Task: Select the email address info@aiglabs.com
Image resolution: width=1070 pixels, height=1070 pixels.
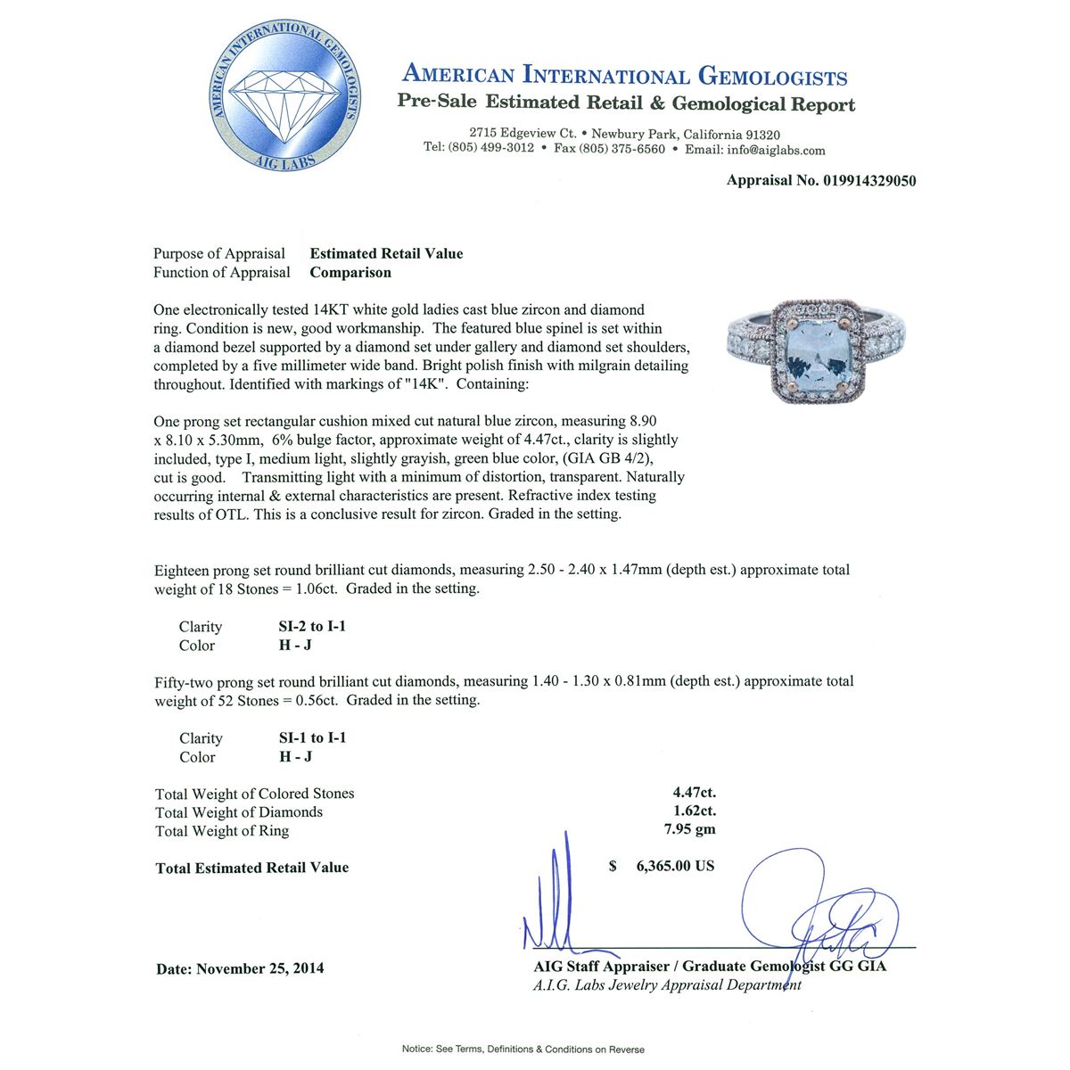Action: coord(776,150)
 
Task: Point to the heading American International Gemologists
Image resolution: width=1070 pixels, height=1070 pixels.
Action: coord(624,75)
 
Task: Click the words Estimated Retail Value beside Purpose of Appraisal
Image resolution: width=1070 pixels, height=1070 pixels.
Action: coord(386,254)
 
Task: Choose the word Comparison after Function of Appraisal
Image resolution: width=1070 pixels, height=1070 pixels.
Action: coord(350,273)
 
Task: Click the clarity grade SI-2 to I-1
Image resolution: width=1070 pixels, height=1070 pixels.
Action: coord(312,627)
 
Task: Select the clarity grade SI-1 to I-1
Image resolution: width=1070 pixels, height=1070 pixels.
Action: coord(312,738)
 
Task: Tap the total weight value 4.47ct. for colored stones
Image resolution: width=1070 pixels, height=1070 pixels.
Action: coord(694,793)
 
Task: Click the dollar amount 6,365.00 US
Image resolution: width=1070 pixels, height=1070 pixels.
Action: coord(674,867)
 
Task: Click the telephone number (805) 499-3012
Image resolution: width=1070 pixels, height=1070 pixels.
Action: coord(490,148)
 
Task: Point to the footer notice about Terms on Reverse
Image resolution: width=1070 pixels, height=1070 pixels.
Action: coord(523,1049)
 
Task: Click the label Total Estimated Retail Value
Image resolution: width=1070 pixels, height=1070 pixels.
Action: coord(252,868)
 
